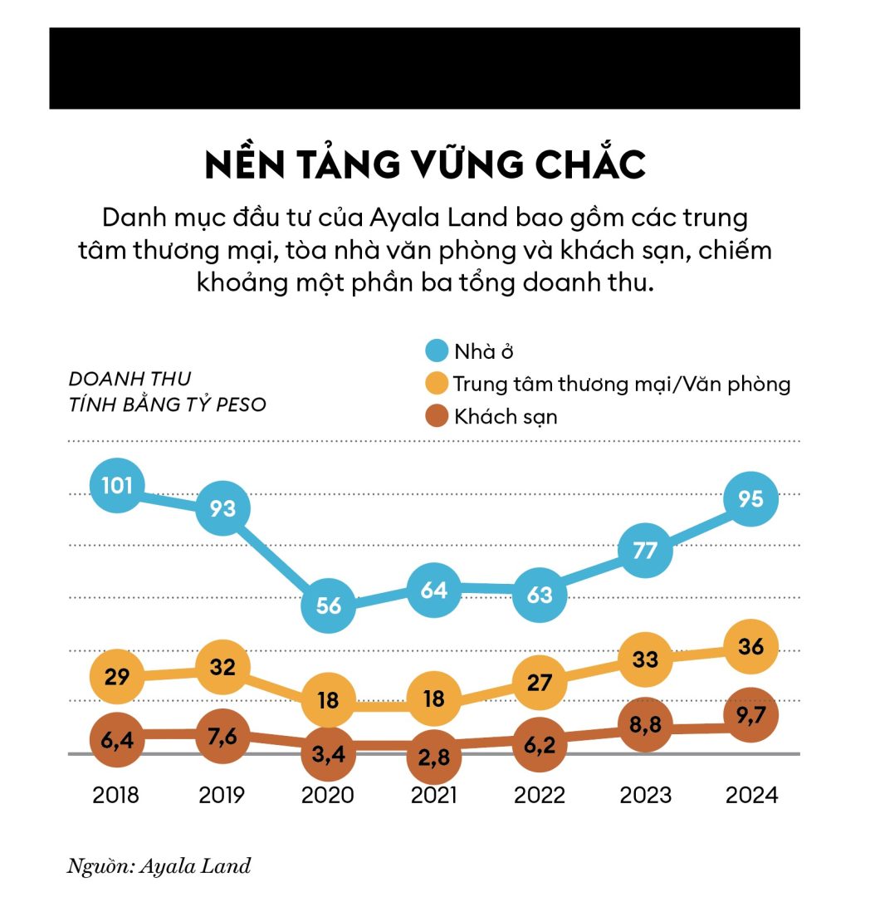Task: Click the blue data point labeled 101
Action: click(x=117, y=484)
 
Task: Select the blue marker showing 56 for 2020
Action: click(x=329, y=605)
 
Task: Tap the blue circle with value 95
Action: click(x=750, y=499)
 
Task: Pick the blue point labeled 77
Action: click(x=645, y=551)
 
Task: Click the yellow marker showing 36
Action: click(x=750, y=646)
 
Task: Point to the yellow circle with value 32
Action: click(x=222, y=666)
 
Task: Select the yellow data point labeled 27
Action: click(x=540, y=682)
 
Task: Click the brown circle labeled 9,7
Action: click(x=750, y=714)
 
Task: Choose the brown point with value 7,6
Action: click(x=222, y=733)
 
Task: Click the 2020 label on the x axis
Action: click(x=329, y=795)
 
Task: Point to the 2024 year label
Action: click(x=751, y=795)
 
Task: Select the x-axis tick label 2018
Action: click(x=116, y=795)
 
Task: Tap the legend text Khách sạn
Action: click(x=506, y=416)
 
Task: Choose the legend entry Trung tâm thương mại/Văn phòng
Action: click(x=622, y=384)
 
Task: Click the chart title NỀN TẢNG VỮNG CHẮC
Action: click(x=425, y=165)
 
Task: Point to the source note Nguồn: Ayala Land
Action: click(x=159, y=866)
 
